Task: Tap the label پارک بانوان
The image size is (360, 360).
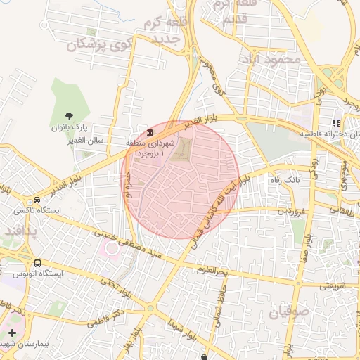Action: click(69, 129)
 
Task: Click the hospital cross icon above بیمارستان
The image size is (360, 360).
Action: click(12, 331)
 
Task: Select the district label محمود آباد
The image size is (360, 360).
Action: click(269, 60)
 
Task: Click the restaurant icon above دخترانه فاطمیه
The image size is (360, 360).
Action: click(335, 124)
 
